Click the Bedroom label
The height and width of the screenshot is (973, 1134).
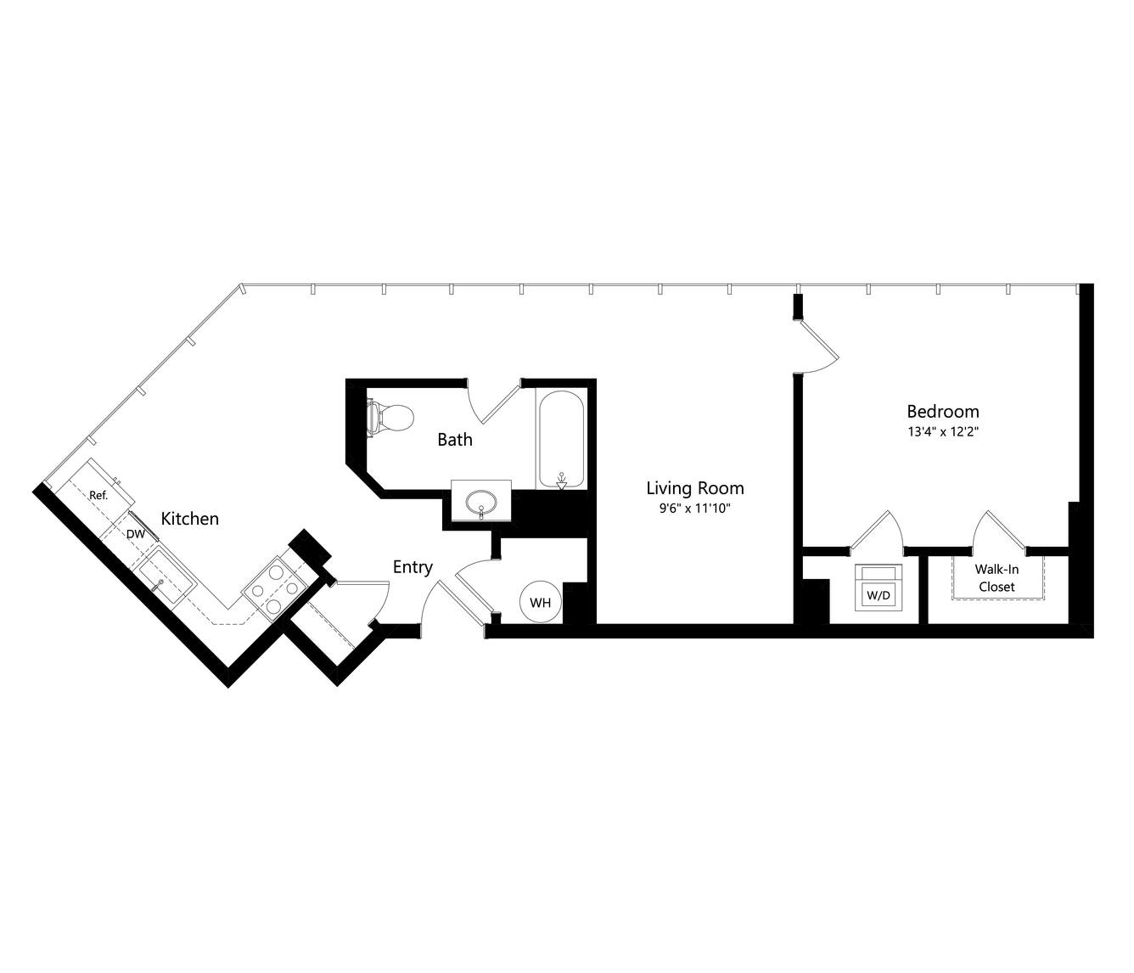(x=942, y=411)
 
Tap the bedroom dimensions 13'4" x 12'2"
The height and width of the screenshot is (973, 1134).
(x=943, y=431)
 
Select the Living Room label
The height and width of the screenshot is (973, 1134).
(x=695, y=488)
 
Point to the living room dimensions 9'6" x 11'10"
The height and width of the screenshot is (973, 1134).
(x=695, y=509)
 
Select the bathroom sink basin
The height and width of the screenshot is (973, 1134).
(x=481, y=501)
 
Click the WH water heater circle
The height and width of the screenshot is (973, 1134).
(x=541, y=602)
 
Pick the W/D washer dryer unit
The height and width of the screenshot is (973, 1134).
(x=878, y=588)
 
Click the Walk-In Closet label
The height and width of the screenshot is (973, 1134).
(x=996, y=578)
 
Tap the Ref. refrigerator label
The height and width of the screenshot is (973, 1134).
(x=98, y=495)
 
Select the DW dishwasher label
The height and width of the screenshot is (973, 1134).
(x=136, y=533)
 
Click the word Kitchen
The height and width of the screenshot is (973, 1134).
(x=190, y=519)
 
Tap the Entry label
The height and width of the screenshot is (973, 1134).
(x=413, y=567)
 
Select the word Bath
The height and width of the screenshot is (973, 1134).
(x=455, y=439)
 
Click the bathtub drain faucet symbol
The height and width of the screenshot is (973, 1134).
(x=561, y=481)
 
